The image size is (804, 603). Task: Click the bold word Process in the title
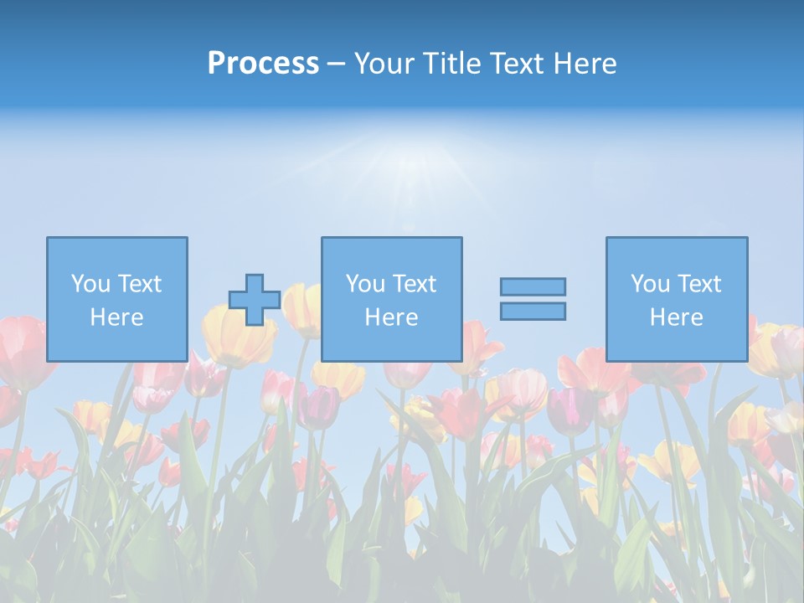(263, 64)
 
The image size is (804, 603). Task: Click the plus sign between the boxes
(255, 300)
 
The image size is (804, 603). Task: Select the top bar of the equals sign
(533, 286)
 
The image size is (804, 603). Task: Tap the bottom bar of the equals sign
(533, 312)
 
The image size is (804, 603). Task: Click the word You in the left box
(90, 284)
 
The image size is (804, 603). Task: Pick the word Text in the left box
(139, 284)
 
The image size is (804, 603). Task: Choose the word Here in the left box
(116, 317)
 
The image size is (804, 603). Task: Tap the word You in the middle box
(365, 284)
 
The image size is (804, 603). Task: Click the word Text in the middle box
(414, 284)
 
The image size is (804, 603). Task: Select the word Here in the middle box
(391, 317)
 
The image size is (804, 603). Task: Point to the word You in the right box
(650, 284)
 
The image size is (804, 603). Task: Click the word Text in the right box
(698, 284)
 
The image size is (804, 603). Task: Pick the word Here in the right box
(676, 317)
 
